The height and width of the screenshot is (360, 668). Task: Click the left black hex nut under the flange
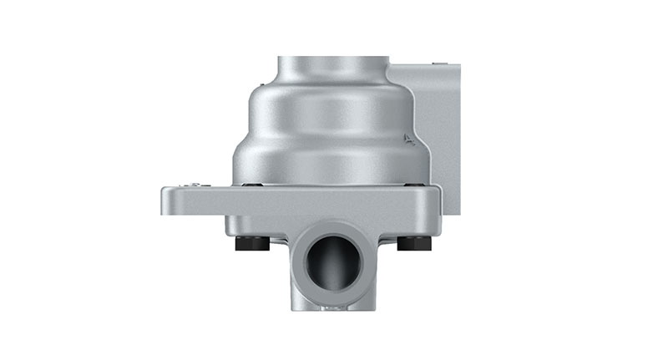click(253, 243)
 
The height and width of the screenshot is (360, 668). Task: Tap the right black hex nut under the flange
click(413, 243)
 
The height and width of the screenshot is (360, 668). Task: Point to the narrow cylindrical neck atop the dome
click(332, 68)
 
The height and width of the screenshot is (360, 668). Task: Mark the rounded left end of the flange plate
click(166, 201)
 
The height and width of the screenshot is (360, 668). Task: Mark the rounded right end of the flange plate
click(437, 201)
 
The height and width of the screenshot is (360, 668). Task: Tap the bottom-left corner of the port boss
click(294, 307)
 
